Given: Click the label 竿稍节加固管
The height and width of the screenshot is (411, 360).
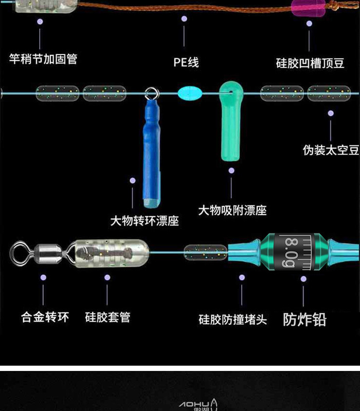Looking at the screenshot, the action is [43, 59].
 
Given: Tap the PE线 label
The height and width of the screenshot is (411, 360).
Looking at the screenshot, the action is [186, 63].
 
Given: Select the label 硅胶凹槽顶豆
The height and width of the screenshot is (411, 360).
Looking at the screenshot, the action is [309, 63].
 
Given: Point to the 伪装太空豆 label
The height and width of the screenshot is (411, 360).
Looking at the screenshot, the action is [331, 151].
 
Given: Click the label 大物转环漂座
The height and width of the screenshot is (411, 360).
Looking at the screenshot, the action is [145, 221].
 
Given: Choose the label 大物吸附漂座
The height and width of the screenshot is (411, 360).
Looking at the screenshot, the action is [232, 210].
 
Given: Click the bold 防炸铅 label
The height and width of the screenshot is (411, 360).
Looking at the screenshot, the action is [305, 319].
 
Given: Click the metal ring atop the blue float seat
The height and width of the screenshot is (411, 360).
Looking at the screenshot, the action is [150, 93].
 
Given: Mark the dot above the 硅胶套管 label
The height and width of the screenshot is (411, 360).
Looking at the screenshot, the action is [107, 277].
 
